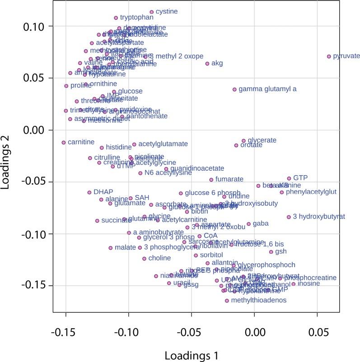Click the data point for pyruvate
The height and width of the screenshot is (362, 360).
pyautogui.click(x=329, y=56)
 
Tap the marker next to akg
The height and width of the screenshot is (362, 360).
pyautogui.click(x=207, y=64)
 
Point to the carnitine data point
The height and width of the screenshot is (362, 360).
pyautogui.click(x=64, y=142)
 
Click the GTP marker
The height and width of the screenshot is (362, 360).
pyautogui.click(x=289, y=178)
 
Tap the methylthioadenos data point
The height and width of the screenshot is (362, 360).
pyautogui.click(x=227, y=300)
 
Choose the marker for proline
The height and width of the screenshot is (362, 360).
pyautogui.click(x=66, y=86)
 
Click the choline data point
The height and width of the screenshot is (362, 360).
pyautogui.click(x=144, y=259)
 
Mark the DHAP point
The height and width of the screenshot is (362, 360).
pyautogui.click(x=89, y=192)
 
